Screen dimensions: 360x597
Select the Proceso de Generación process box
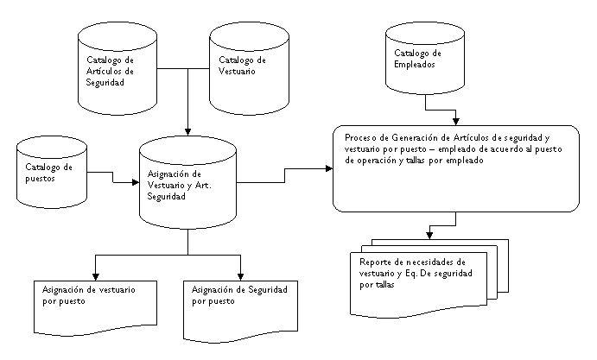(x=456, y=168)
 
